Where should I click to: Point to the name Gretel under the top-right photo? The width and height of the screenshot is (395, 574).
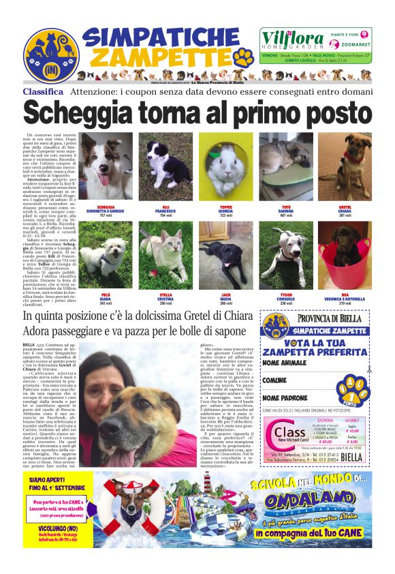(x=345, y=207)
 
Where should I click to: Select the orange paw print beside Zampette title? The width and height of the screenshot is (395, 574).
(x=244, y=57)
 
